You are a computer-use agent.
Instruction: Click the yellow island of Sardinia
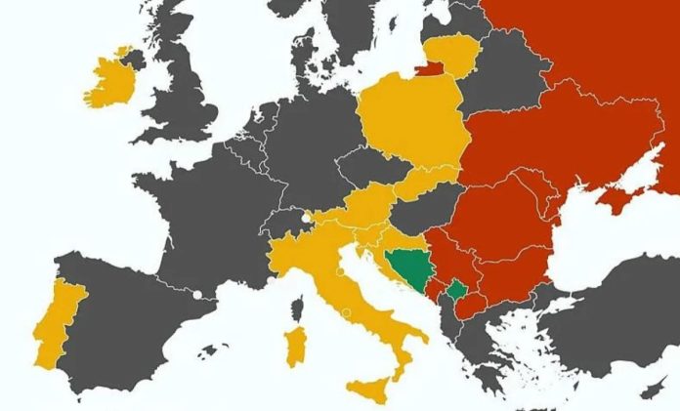click(x=294, y=347)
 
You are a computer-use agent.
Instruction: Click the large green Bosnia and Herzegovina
click(x=408, y=267)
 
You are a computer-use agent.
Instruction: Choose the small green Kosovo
click(x=456, y=290)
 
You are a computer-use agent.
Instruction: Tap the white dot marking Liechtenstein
click(x=307, y=218)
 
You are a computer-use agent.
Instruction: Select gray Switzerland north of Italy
click(x=284, y=225)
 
